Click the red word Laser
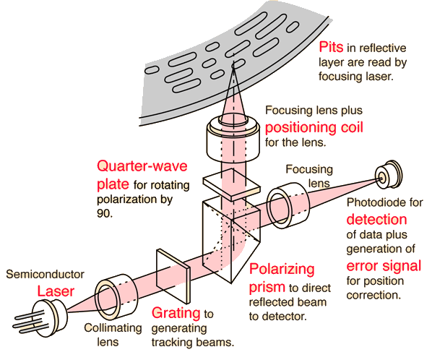click(x=56, y=291)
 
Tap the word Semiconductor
click(x=46, y=274)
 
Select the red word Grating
click(x=176, y=313)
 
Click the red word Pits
click(x=331, y=47)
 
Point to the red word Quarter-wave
click(x=142, y=166)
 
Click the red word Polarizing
click(x=282, y=269)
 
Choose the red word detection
click(x=376, y=220)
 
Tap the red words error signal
click(x=384, y=266)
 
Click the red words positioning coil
click(x=314, y=128)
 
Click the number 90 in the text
click(x=103, y=213)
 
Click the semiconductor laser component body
click(x=51, y=317)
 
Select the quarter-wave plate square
click(x=231, y=184)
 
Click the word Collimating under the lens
click(x=113, y=328)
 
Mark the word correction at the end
click(x=373, y=295)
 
